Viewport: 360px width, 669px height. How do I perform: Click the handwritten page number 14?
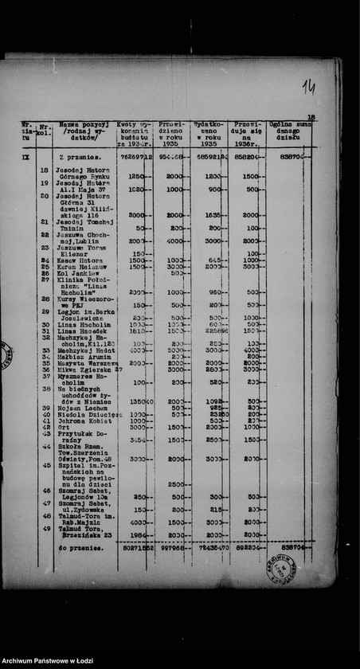pyautogui.click(x=308, y=87)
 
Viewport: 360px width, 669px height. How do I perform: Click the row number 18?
pyautogui.click(x=44, y=170)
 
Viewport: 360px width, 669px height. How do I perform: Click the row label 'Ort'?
pyautogui.click(x=65, y=427)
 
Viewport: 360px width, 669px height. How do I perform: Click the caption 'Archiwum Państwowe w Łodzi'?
pyautogui.click(x=48, y=662)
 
